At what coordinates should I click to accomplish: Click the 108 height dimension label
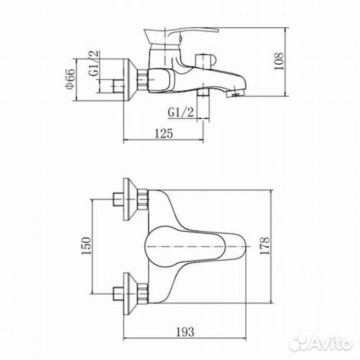pyautogui.click(x=279, y=61)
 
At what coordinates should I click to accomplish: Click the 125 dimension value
pyautogui.click(x=164, y=133)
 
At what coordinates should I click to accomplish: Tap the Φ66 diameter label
pyautogui.click(x=70, y=79)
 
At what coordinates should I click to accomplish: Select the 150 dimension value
pyautogui.click(x=86, y=246)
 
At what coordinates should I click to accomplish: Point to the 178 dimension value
pyautogui.click(x=265, y=246)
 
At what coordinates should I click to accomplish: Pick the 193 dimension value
pyautogui.click(x=185, y=332)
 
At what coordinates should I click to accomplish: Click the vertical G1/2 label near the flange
pyautogui.click(x=94, y=63)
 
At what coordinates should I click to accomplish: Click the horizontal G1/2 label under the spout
pyautogui.click(x=181, y=112)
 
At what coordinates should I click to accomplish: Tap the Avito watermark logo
pyautogui.click(x=321, y=344)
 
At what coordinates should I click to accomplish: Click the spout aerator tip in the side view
pyautogui.click(x=235, y=94)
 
